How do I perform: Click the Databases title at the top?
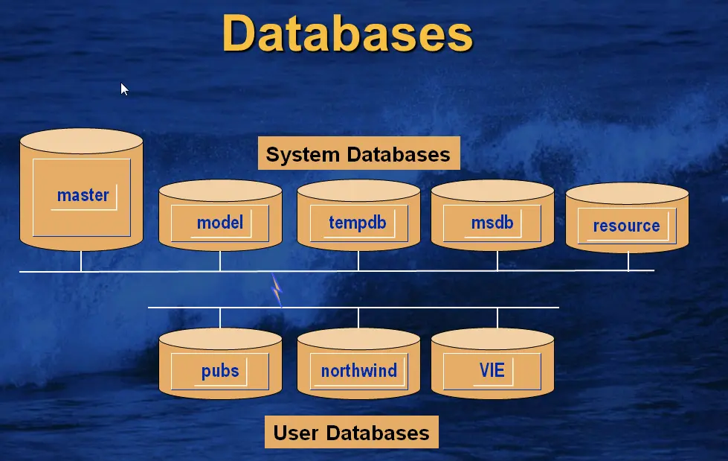tap(347, 33)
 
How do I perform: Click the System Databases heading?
tap(358, 154)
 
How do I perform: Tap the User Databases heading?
tap(351, 433)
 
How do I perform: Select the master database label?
tap(83, 195)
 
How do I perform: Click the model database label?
tap(219, 222)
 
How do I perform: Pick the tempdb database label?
tap(358, 222)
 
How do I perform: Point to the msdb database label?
tap(492, 222)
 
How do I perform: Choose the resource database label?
tap(626, 226)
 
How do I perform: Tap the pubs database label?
tap(220, 370)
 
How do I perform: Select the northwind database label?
tap(358, 370)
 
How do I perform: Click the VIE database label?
tap(492, 369)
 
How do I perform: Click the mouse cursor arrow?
tap(124, 89)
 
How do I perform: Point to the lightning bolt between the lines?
tap(277, 289)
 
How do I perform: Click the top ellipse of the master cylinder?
tap(81, 141)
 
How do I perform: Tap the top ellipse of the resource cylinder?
tap(627, 194)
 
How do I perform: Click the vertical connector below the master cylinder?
tap(81, 261)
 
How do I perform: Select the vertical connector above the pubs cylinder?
tap(220, 317)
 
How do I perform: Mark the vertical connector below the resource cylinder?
tap(628, 261)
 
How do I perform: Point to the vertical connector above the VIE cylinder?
tap(497, 317)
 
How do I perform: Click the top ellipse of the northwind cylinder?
tap(358, 339)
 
